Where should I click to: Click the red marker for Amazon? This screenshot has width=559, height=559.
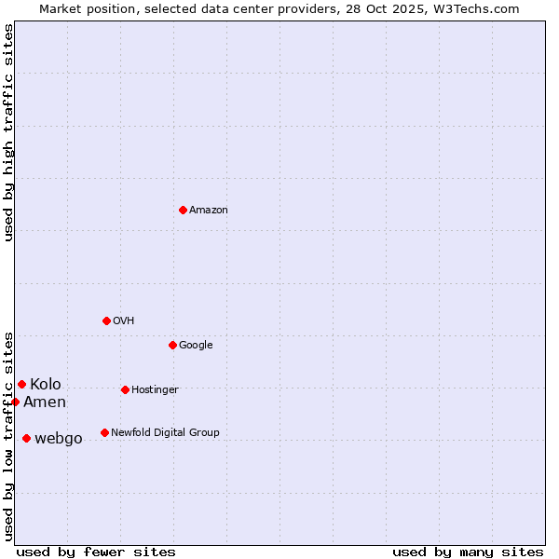pyautogui.click(x=183, y=210)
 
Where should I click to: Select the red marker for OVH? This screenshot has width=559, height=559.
pyautogui.click(x=106, y=320)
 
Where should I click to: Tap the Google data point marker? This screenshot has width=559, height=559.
pyautogui.click(x=172, y=345)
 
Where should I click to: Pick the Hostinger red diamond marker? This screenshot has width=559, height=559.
pyautogui.click(x=125, y=389)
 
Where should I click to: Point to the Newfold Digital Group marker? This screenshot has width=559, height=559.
pyautogui.click(x=104, y=432)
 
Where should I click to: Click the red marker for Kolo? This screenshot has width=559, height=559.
pyautogui.click(x=21, y=384)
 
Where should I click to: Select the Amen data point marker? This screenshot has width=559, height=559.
pyautogui.click(x=15, y=402)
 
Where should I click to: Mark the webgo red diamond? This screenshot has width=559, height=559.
pyautogui.click(x=26, y=438)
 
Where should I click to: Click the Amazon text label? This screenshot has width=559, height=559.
pyautogui.click(x=209, y=211)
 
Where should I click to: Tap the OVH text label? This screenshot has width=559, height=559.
pyautogui.click(x=124, y=321)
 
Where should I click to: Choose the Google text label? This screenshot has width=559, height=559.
pyautogui.click(x=196, y=346)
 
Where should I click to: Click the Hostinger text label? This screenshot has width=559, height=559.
pyautogui.click(x=155, y=390)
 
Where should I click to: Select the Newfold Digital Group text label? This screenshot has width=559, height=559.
pyautogui.click(x=165, y=433)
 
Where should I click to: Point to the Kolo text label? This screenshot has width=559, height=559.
pyautogui.click(x=46, y=385)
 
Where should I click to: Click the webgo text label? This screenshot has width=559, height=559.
pyautogui.click(x=59, y=439)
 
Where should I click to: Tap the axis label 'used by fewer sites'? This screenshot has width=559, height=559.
pyautogui.click(x=96, y=552)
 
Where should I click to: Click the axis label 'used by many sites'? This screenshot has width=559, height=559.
pyautogui.click(x=468, y=552)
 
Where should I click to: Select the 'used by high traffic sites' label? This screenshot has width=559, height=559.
pyautogui.click(x=8, y=132)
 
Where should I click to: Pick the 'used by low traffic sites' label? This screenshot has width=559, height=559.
pyautogui.click(x=8, y=436)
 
